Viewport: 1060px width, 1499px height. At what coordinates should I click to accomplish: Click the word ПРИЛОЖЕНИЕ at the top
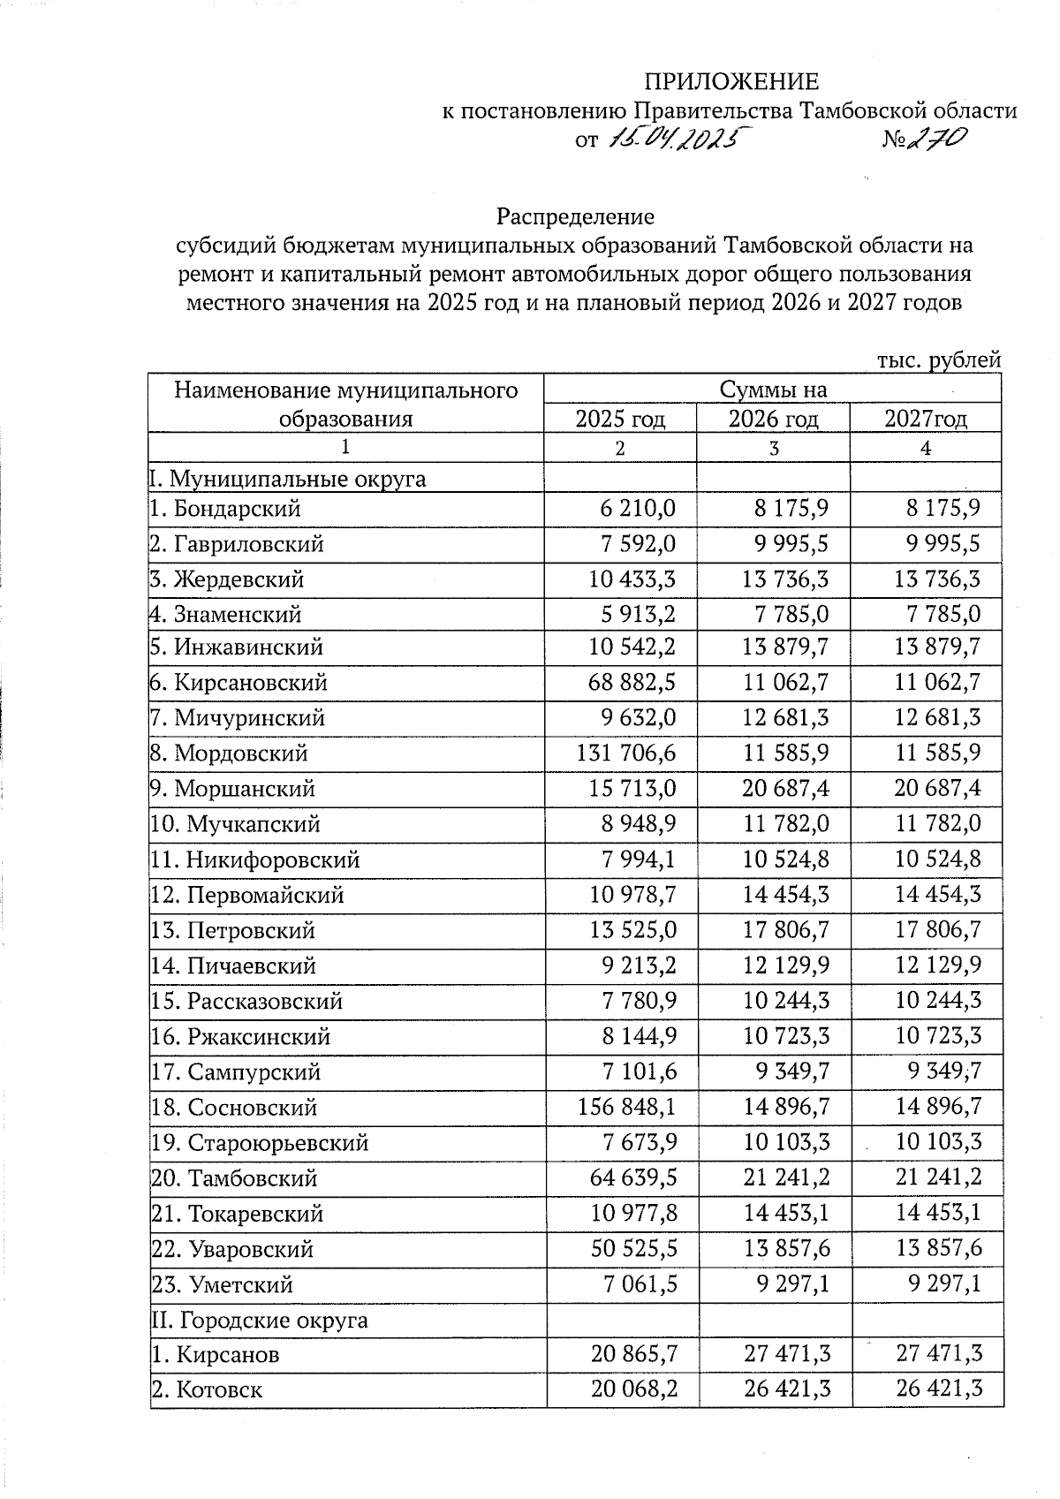tap(731, 82)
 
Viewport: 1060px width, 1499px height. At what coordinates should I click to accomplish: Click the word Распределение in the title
tap(575, 216)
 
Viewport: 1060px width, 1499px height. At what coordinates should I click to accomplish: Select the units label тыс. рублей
tap(938, 360)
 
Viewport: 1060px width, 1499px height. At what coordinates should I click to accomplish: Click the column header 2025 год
tap(620, 418)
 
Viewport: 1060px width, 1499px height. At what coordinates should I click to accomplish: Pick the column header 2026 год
tap(773, 418)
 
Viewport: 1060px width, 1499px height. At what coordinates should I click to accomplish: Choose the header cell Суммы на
tap(773, 390)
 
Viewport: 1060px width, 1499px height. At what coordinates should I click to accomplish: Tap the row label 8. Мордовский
tap(229, 753)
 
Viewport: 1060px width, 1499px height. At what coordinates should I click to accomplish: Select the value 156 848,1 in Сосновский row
tap(627, 1107)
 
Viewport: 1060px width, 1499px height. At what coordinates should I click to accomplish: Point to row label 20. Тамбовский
tap(234, 1178)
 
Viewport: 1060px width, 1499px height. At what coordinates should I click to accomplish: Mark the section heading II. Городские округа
tap(259, 1321)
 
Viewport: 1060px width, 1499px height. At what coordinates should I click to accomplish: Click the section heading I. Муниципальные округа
tap(287, 479)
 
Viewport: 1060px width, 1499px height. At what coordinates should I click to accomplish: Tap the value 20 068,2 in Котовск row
tap(634, 1389)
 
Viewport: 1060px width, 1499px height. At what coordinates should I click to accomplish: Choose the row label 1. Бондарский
tap(225, 509)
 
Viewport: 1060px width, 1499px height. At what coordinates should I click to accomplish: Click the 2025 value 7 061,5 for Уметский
tap(640, 1284)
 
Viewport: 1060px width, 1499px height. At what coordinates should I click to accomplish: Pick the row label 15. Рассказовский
tap(246, 1002)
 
